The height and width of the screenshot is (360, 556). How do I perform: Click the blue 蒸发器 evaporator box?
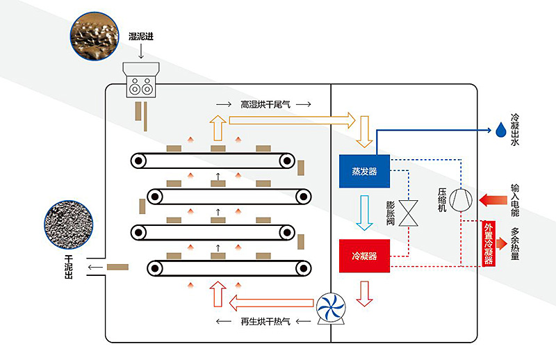pyautogui.click(x=364, y=171)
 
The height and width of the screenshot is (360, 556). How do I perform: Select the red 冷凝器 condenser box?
pyautogui.click(x=364, y=256)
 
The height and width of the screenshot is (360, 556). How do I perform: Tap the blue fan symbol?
pyautogui.click(x=331, y=307)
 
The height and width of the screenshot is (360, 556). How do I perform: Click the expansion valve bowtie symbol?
pyautogui.click(x=409, y=213)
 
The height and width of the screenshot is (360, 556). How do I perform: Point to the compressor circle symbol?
pyautogui.click(x=461, y=200)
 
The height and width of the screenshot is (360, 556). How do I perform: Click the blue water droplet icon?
pyautogui.click(x=500, y=130)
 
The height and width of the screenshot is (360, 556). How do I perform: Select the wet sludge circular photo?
pyautogui.click(x=95, y=36)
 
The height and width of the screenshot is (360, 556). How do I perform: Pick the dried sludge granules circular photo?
pyautogui.click(x=69, y=225)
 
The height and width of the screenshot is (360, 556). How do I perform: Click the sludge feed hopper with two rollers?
pyautogui.click(x=141, y=80)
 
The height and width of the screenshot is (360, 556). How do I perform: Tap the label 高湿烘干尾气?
pyautogui.click(x=265, y=104)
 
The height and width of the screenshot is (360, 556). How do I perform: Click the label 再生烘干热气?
pyautogui.click(x=265, y=321)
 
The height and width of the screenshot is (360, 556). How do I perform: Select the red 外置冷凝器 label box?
pyautogui.click(x=489, y=243)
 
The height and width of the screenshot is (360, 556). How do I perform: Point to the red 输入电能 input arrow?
pyautogui.click(x=493, y=199)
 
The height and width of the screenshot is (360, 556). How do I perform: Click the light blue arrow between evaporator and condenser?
pyautogui.click(x=364, y=213)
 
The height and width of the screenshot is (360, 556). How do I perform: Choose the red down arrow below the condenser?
pyautogui.click(x=364, y=294)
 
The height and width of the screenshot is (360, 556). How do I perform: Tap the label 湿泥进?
pyautogui.click(x=141, y=36)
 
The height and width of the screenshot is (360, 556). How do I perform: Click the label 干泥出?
pyautogui.click(x=69, y=267)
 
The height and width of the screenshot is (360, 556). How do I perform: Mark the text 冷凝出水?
pyautogui.click(x=515, y=129)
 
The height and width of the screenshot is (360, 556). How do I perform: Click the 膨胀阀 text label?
pyautogui.click(x=391, y=213)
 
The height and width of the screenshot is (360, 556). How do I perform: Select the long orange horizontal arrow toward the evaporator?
pyautogui.click(x=292, y=121)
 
